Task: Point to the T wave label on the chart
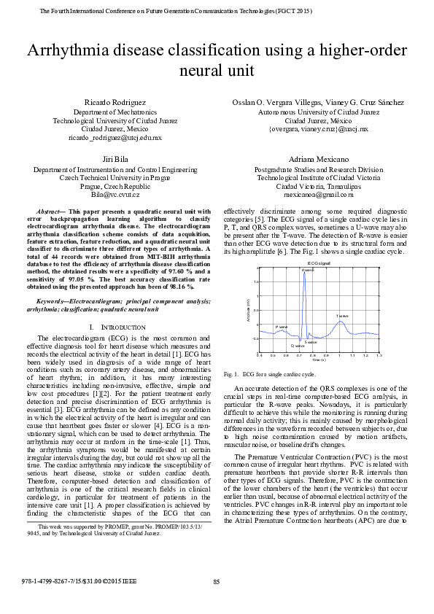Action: click(x=342, y=316)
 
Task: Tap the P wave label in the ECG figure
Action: click(x=282, y=327)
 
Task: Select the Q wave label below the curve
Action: click(x=298, y=346)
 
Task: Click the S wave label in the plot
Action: click(x=311, y=341)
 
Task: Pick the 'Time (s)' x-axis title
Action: click(x=319, y=360)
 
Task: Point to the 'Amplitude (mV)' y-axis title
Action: click(x=249, y=310)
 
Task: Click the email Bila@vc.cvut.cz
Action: click(x=115, y=195)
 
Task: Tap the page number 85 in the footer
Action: click(x=217, y=581)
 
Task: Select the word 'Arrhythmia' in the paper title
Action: click(x=69, y=50)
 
